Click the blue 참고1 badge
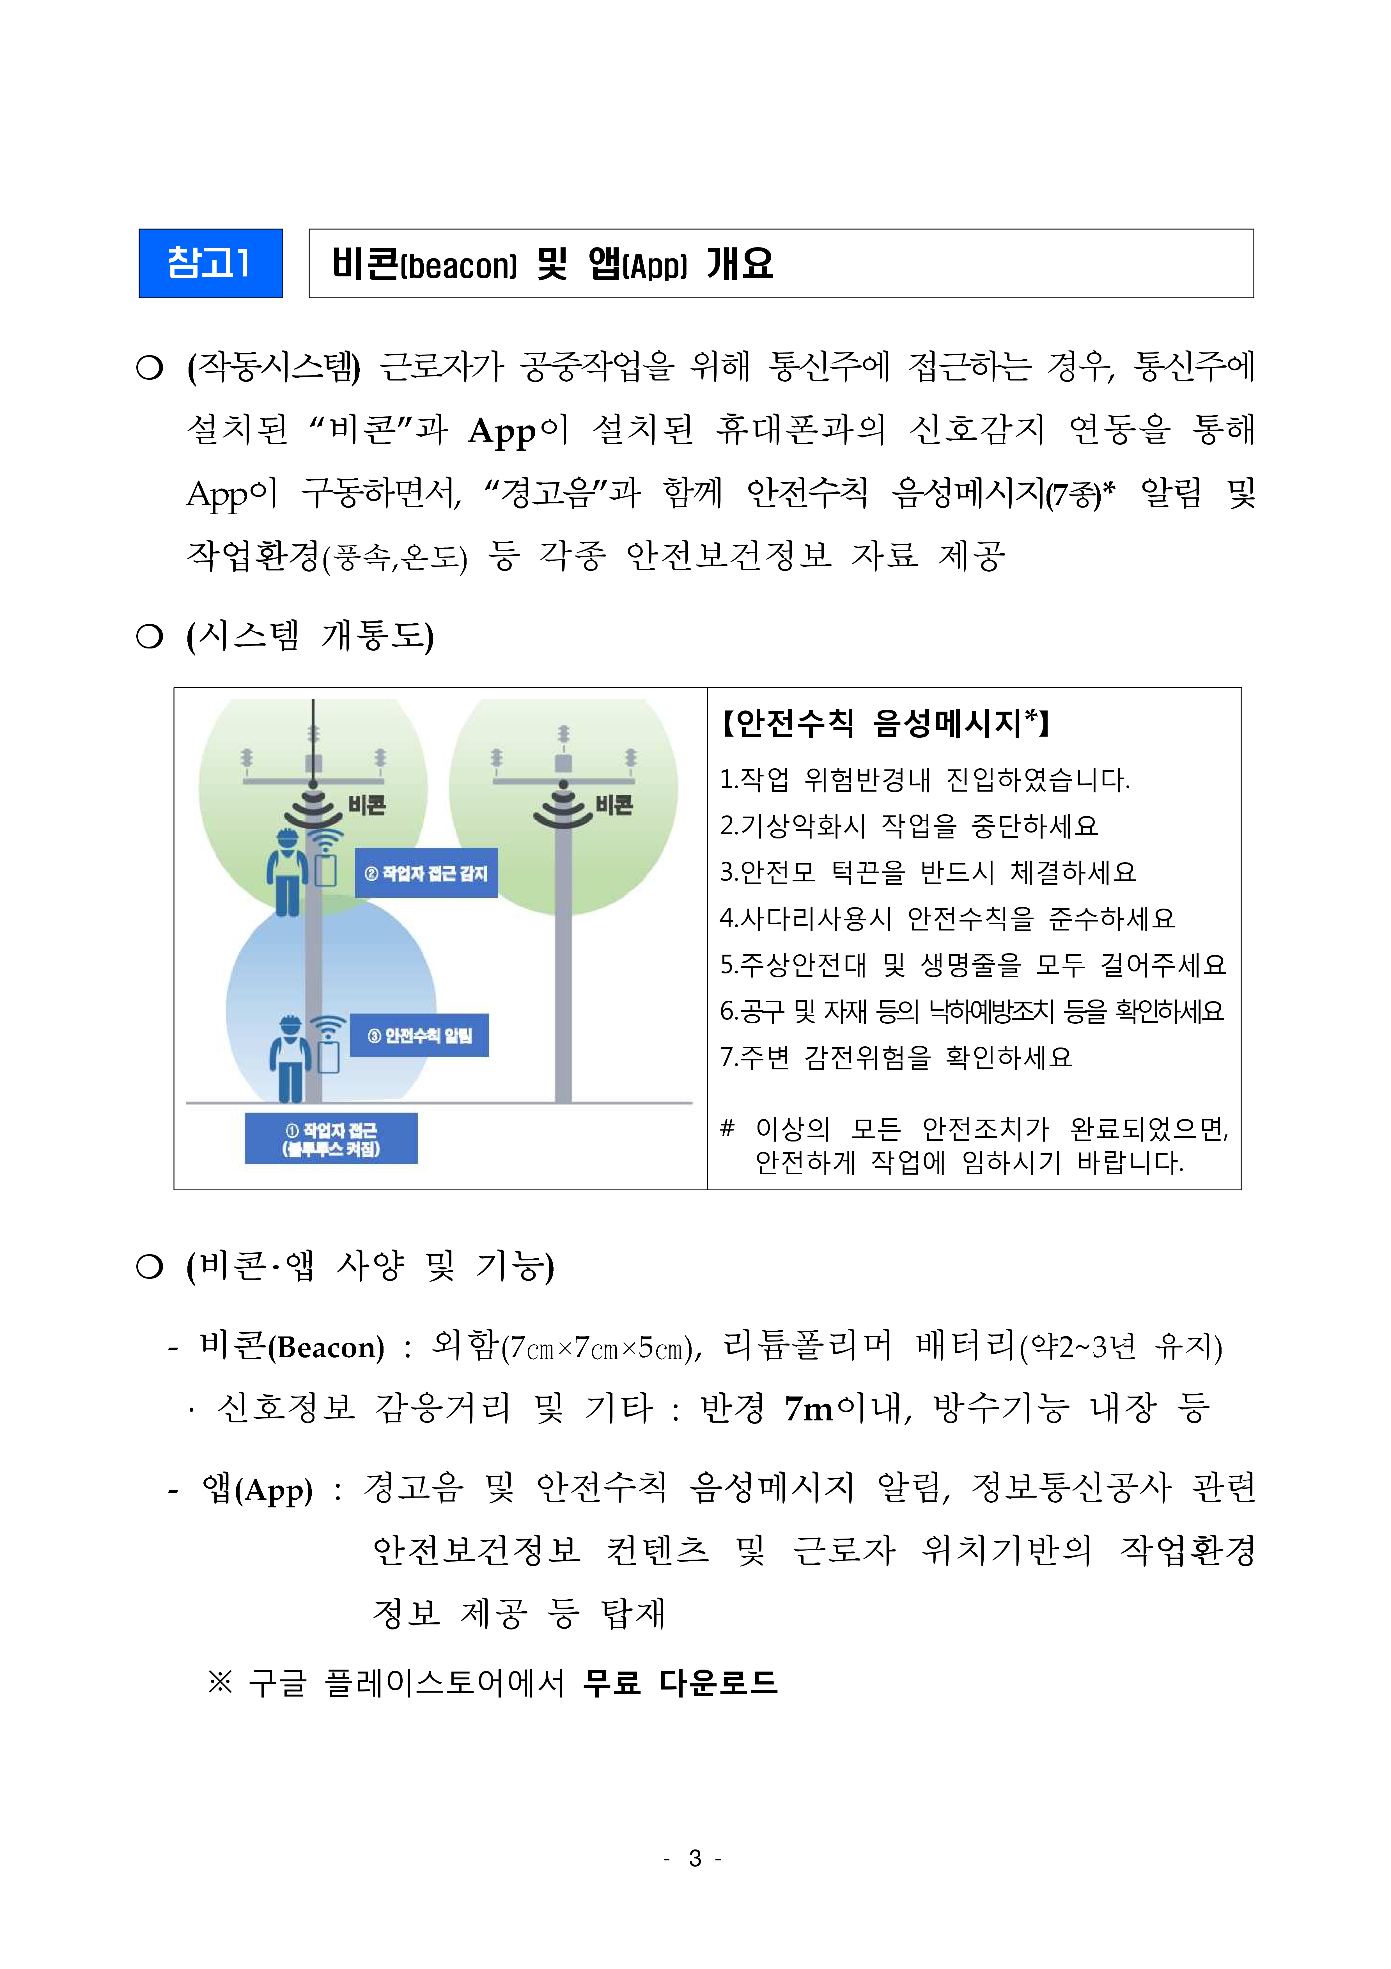pyautogui.click(x=210, y=263)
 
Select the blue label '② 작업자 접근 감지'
pyautogui.click(x=426, y=873)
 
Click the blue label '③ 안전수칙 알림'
pyautogui.click(x=419, y=1035)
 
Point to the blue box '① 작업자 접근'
pyautogui.click(x=331, y=1138)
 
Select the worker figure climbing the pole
pyautogui.click(x=287, y=870)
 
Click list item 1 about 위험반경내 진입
pyautogui.click(x=924, y=780)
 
